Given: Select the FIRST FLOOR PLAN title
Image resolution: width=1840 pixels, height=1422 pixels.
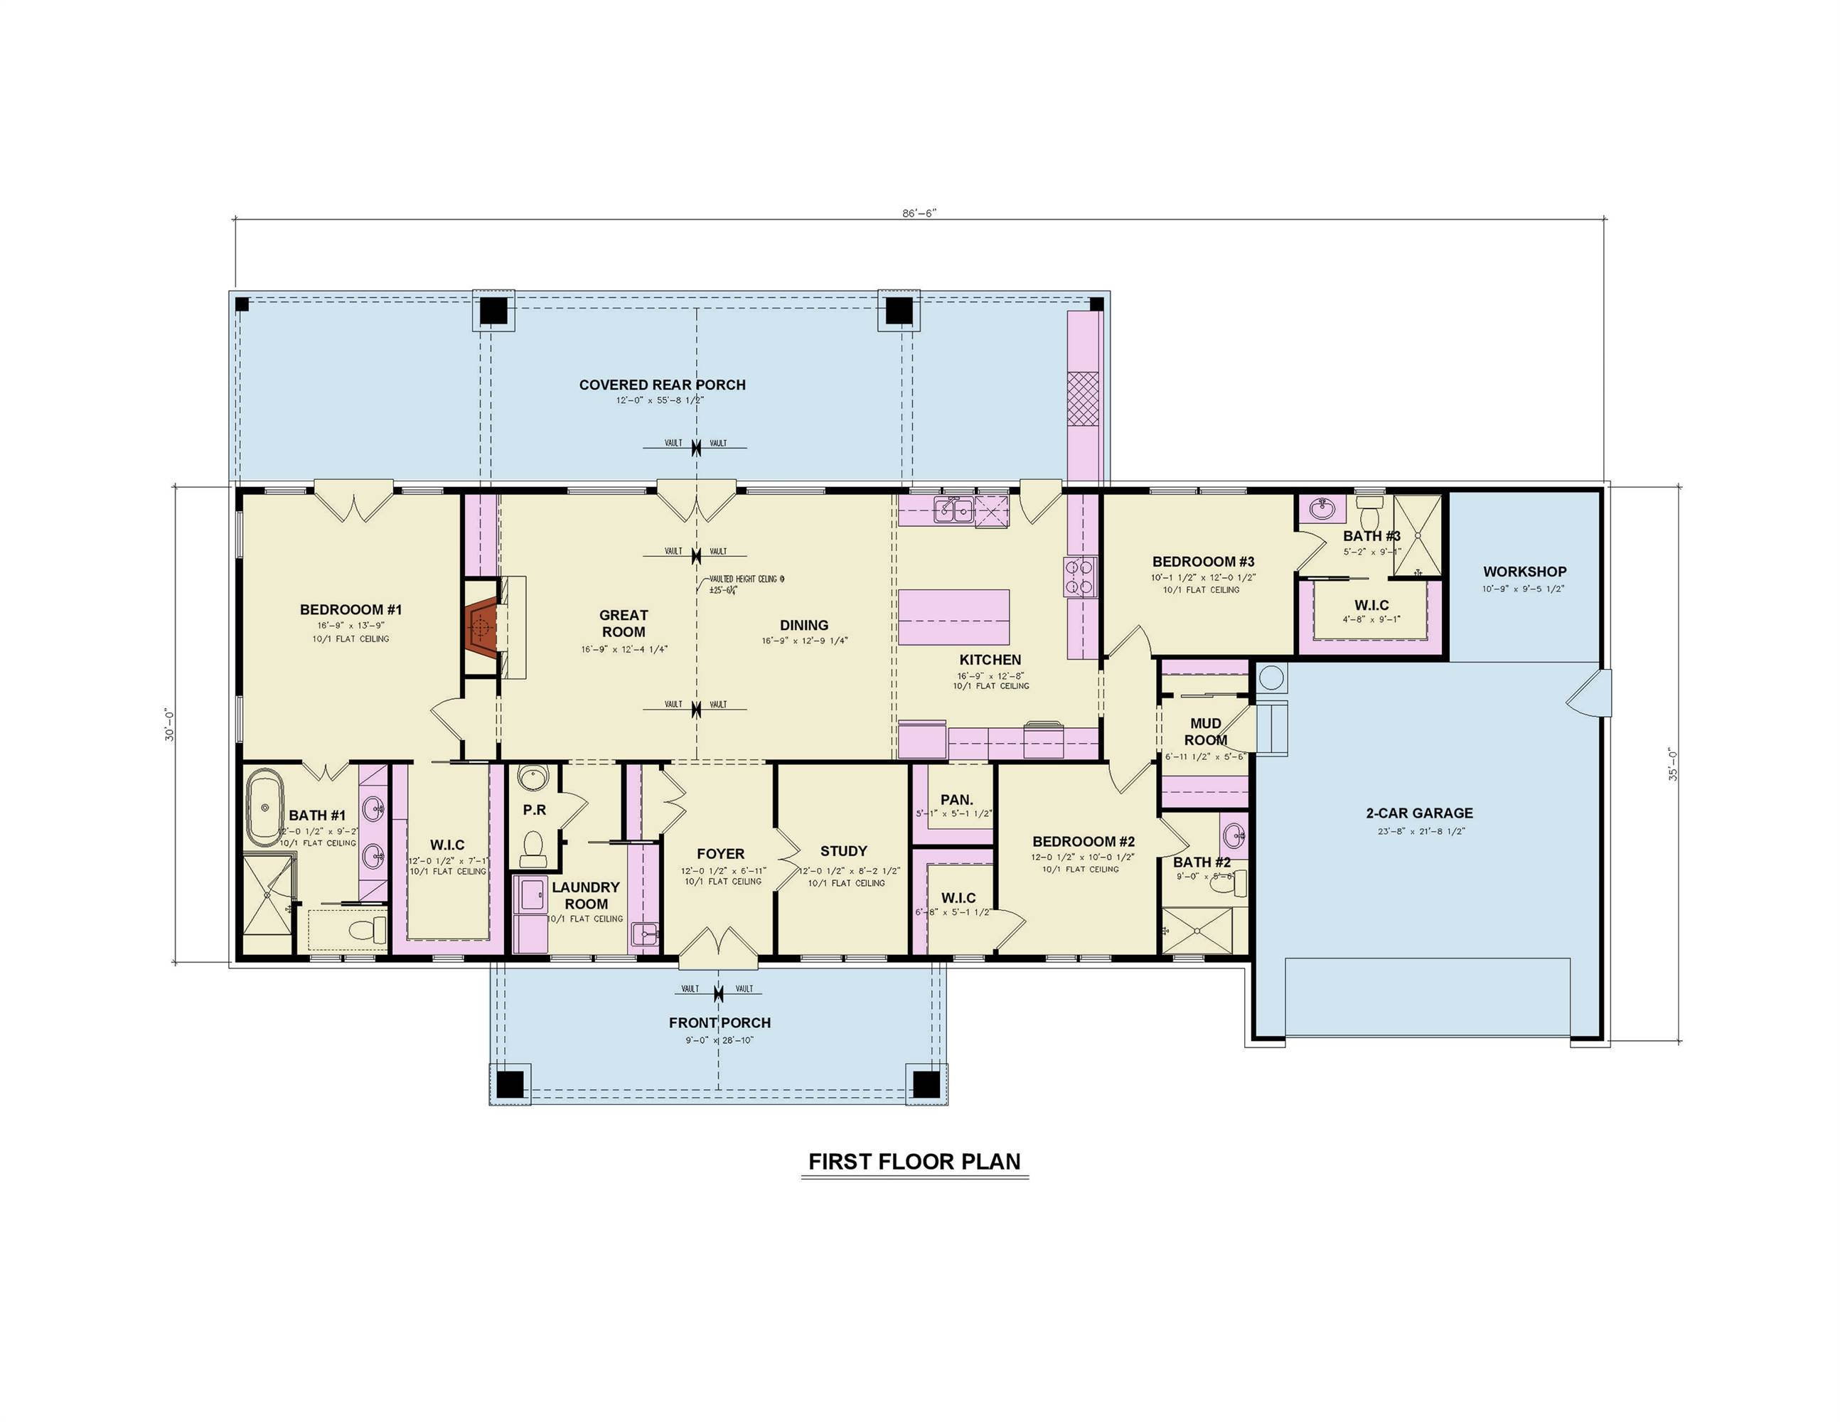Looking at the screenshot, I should click(914, 1162).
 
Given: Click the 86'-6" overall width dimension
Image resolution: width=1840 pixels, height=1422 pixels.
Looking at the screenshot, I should click(919, 213).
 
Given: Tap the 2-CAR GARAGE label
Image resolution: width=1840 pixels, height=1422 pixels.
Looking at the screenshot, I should click(1419, 813).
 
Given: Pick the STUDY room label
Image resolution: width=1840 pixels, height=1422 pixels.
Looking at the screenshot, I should click(843, 851).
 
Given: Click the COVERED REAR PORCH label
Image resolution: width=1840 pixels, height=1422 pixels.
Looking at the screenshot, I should click(662, 385).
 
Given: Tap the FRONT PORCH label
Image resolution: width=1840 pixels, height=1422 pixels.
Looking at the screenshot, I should click(720, 1022).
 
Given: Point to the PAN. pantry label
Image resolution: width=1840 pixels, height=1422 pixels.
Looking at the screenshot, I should click(956, 799).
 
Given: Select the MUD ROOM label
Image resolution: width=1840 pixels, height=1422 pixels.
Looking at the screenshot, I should click(1206, 731).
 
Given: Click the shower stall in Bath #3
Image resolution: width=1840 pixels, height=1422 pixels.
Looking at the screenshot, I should click(1417, 536).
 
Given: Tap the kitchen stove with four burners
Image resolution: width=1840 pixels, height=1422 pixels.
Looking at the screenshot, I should click(1079, 577).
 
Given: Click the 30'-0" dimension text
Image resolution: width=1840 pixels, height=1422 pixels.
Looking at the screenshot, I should click(170, 725).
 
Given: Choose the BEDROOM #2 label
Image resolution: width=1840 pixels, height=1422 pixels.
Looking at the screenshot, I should click(1084, 842).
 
